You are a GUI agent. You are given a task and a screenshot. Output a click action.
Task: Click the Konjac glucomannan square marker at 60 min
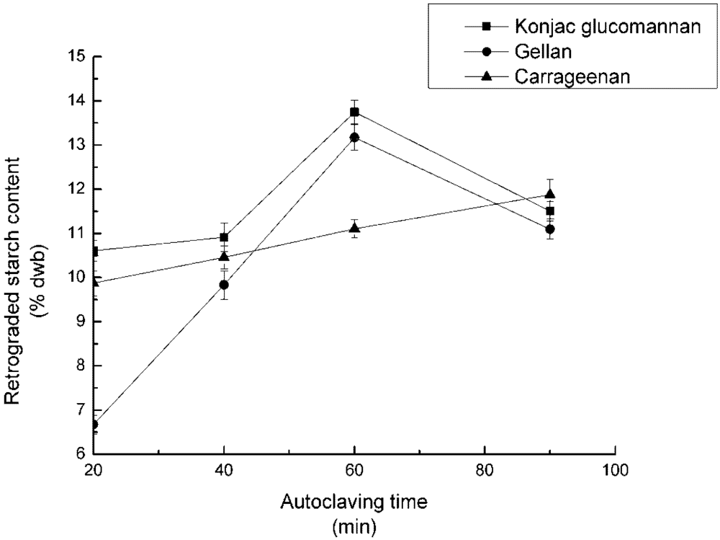click(x=354, y=112)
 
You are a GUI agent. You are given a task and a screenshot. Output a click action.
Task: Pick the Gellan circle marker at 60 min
click(x=354, y=137)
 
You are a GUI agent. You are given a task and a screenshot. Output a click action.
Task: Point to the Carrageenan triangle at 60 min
click(x=354, y=228)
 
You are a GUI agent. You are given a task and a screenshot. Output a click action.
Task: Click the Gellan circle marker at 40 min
click(x=224, y=285)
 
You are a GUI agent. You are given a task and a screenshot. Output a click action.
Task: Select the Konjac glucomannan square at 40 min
click(x=224, y=237)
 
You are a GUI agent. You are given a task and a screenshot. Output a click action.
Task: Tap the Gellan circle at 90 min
click(x=550, y=229)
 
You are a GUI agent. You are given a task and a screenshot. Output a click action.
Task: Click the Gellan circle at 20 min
click(x=94, y=425)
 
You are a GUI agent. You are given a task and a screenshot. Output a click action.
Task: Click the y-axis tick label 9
click(x=77, y=322)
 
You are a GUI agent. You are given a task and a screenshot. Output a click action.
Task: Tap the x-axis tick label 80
click(x=485, y=471)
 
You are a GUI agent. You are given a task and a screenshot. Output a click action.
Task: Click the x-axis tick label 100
click(x=615, y=471)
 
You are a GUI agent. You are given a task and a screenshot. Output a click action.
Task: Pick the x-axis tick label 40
click(x=224, y=471)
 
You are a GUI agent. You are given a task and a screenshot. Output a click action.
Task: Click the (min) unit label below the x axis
click(x=354, y=527)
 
